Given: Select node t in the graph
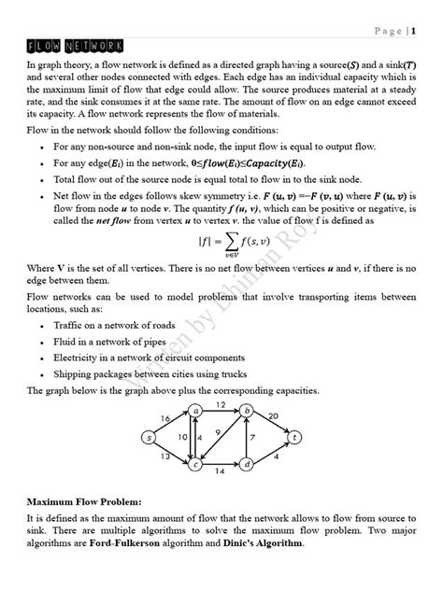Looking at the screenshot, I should pos(295,437).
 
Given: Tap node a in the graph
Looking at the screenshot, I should pos(196,410).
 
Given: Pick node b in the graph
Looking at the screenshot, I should pos(247,410).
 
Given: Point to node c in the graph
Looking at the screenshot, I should pos(196,464).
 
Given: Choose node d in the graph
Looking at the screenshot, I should pos(247,464).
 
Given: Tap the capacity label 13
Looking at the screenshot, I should pos(165,457).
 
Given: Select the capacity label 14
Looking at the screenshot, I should pos(221,473).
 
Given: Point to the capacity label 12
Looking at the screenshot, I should pos(221,403).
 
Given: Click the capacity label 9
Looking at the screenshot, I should pos(218,431).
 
